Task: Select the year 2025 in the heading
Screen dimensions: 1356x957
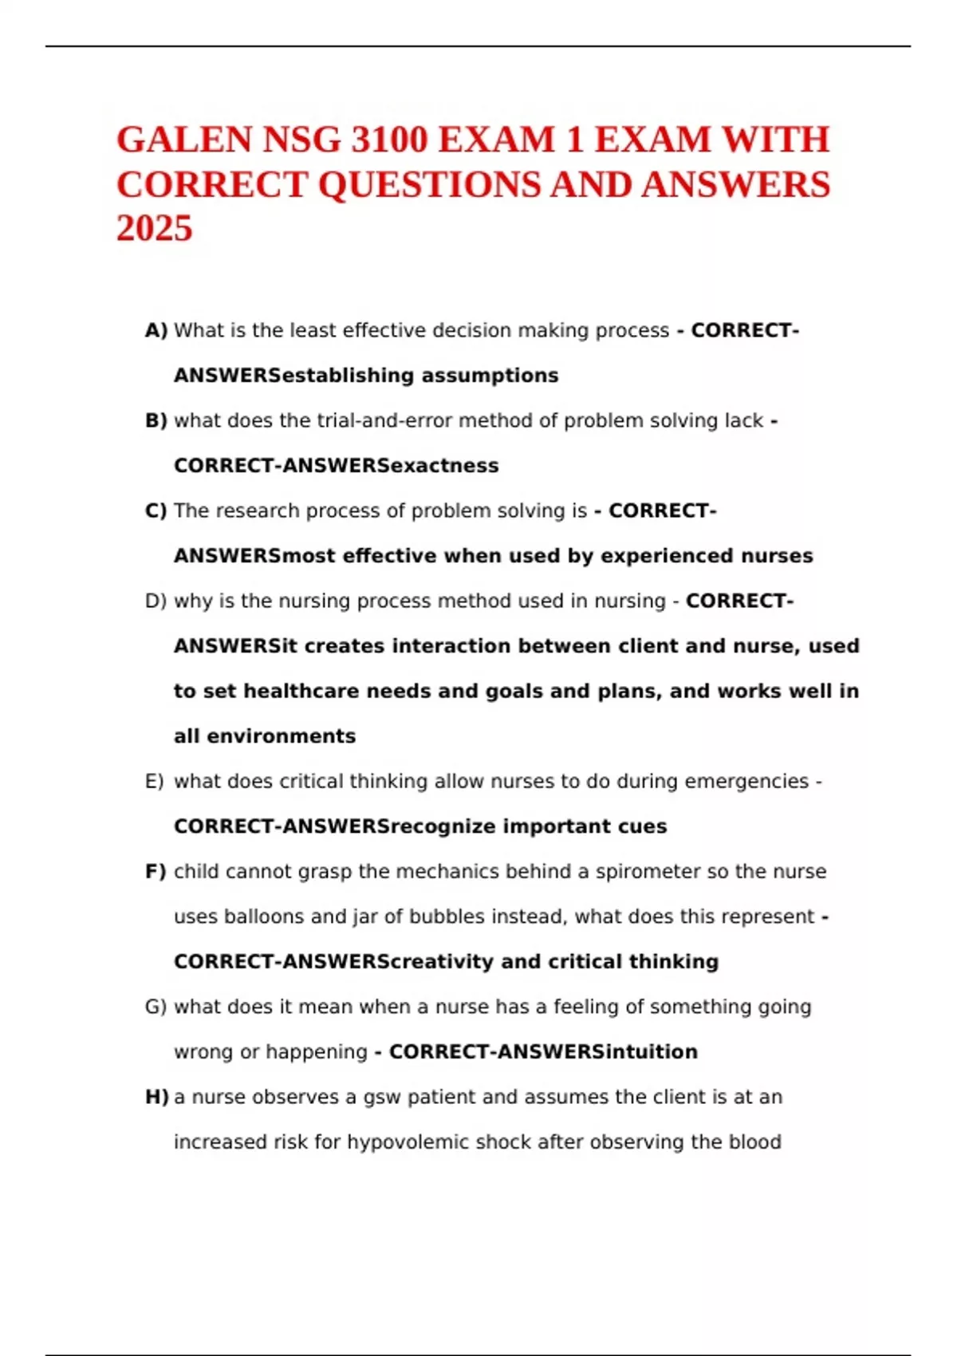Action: coord(155,229)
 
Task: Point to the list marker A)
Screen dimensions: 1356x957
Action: coord(156,330)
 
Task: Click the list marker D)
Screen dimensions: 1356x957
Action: coord(156,601)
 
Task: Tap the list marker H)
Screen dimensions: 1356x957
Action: coord(157,1097)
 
